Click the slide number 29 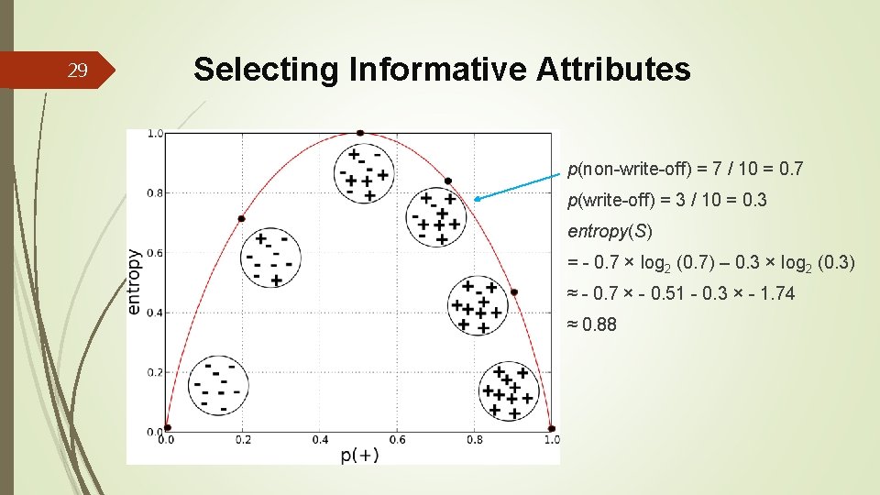pyautogui.click(x=79, y=71)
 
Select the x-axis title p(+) pyautogui.click(x=359, y=455)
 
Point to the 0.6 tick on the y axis pyautogui.click(x=156, y=253)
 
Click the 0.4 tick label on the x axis pyautogui.click(x=320, y=440)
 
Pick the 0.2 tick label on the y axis pyautogui.click(x=156, y=372)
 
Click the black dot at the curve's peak pyautogui.click(x=359, y=133)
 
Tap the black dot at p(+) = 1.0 pyautogui.click(x=551, y=428)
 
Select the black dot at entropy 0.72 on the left pyautogui.click(x=241, y=218)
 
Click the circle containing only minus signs pyautogui.click(x=218, y=385)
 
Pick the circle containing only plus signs pyautogui.click(x=507, y=391)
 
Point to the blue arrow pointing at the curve pyautogui.click(x=519, y=183)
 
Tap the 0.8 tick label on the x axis pyautogui.click(x=474, y=440)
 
